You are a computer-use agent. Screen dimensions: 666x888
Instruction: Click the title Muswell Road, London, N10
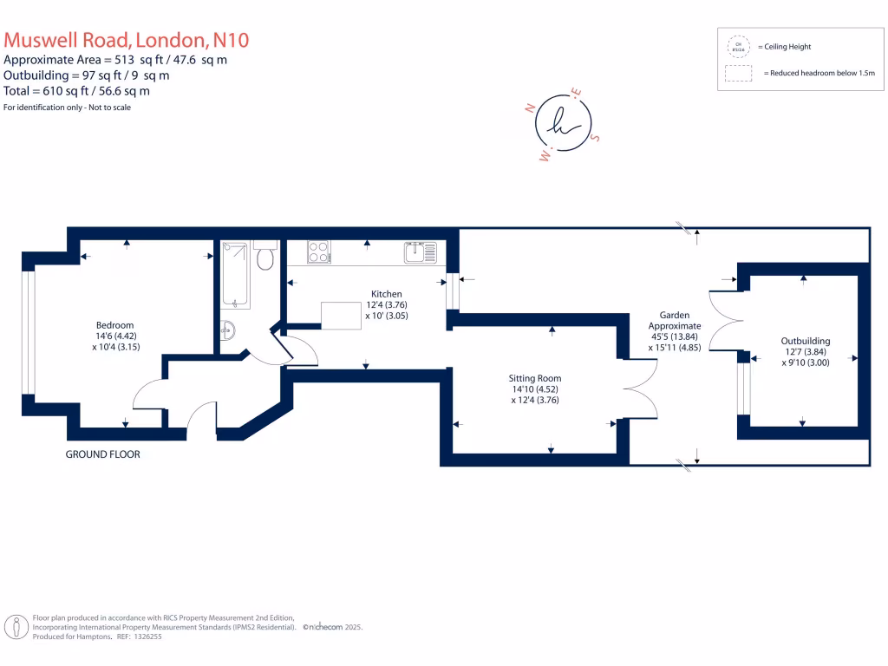coord(127,40)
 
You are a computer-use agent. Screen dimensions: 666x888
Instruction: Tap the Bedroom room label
coord(114,325)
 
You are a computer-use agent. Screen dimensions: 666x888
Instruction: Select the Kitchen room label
coord(387,294)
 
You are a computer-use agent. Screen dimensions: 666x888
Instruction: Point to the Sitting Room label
coord(535,378)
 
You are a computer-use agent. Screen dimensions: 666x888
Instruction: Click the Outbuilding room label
coord(806,342)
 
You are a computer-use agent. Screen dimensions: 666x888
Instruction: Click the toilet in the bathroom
coord(265,257)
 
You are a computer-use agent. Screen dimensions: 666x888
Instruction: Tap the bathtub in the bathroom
coord(235,274)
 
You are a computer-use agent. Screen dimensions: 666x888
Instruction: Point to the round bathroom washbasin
coord(228,330)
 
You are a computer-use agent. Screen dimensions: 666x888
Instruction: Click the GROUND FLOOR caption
coord(103,454)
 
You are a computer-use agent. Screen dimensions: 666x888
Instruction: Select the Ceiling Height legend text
coord(784,47)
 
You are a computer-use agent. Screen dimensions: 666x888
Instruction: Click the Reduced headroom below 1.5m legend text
coord(819,74)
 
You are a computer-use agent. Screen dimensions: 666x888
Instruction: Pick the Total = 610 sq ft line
coord(76,90)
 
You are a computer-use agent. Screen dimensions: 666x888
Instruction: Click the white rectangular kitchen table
coord(341,315)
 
